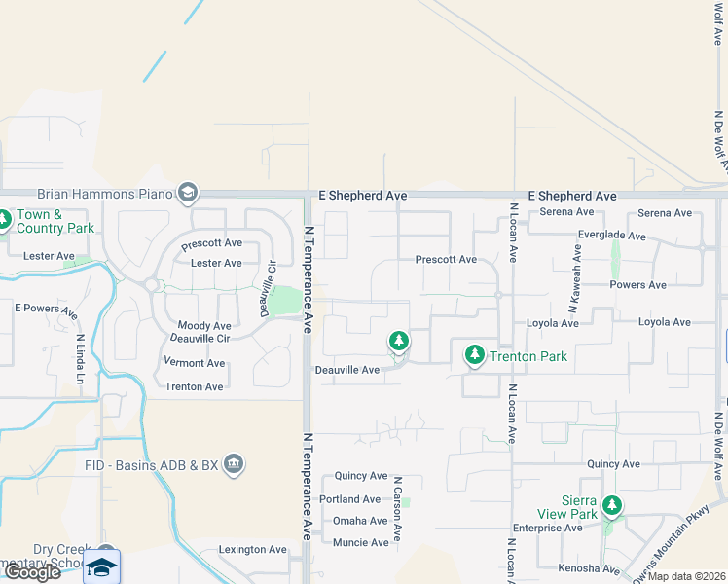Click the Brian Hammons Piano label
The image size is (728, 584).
(x=104, y=195)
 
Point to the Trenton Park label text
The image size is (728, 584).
(x=528, y=356)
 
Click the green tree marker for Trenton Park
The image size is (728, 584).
(x=474, y=355)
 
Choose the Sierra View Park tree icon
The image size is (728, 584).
(x=611, y=505)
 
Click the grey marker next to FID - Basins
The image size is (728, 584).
(x=233, y=462)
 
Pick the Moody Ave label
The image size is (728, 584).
(x=204, y=326)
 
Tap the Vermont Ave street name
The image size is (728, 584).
(x=195, y=363)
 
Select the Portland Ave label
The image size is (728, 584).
(x=350, y=499)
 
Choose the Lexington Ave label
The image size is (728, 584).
(x=252, y=550)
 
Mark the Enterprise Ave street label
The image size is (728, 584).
(x=547, y=529)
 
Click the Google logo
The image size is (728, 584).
(x=31, y=572)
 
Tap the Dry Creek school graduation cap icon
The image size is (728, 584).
(x=101, y=566)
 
